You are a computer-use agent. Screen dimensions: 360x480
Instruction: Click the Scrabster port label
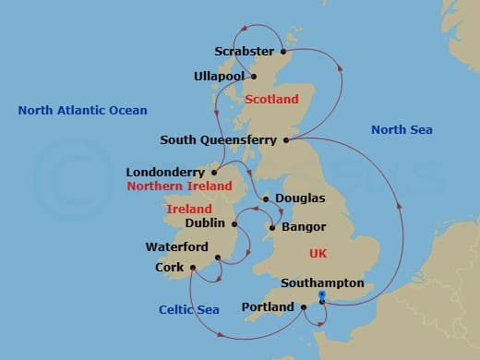tap(243, 52)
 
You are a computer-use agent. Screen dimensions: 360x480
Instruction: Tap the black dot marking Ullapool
tap(254, 76)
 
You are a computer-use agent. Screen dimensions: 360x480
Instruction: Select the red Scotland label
tap(272, 99)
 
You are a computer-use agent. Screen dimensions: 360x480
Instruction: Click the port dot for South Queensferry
tap(287, 140)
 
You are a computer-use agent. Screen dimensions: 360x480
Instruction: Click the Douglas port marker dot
tap(266, 198)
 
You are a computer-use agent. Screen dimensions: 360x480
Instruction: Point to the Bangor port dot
tap(270, 226)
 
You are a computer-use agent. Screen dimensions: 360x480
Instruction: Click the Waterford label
tap(177, 247)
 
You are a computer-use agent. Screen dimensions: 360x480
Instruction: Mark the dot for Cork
tap(193, 268)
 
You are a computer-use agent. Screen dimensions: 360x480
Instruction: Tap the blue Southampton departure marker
tap(321, 295)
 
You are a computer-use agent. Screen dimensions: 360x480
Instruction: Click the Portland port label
tap(267, 307)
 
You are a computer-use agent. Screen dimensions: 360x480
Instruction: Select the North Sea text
tap(402, 130)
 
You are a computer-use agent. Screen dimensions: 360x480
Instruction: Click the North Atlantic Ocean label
tap(83, 111)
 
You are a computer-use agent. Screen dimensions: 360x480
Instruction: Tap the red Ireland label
tap(189, 210)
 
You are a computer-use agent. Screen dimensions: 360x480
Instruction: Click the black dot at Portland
tap(304, 307)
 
